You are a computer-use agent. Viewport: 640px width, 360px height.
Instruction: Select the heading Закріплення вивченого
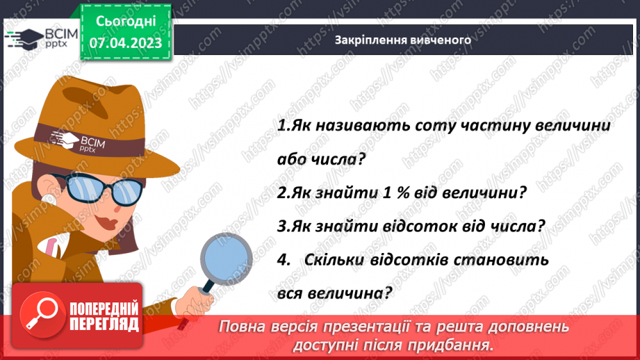(x=403, y=40)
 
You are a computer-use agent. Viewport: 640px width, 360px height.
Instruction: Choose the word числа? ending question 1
(x=340, y=159)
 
